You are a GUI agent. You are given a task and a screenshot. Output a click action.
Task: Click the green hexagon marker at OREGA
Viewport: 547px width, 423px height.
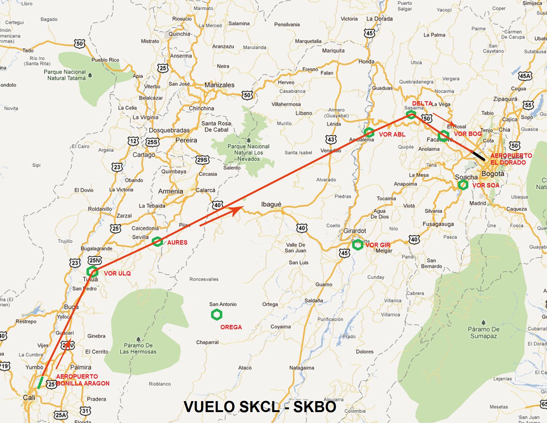click(217, 315)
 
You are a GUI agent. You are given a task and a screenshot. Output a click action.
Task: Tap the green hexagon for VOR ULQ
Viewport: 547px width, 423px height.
click(92, 271)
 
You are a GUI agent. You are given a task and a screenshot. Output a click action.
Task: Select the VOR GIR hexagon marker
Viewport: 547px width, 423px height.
click(358, 245)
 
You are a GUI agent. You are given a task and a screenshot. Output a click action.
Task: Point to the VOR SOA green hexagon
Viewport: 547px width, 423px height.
click(463, 185)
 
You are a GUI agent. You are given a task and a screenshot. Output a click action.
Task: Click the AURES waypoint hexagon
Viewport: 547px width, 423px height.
click(157, 241)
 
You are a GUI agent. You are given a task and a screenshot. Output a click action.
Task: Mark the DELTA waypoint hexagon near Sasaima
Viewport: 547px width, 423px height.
click(411, 115)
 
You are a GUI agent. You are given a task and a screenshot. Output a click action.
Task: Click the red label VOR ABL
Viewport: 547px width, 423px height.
click(392, 135)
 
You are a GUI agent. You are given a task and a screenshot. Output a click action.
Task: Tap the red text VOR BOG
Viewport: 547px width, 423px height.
click(468, 134)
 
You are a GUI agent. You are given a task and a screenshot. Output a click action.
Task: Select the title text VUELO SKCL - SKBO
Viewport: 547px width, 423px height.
click(260, 407)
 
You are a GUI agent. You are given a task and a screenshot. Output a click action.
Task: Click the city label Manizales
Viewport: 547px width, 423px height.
click(219, 85)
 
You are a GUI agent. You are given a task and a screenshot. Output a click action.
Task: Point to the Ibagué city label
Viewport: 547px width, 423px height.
click(271, 204)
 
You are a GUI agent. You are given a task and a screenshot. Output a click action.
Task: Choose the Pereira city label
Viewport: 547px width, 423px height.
click(186, 140)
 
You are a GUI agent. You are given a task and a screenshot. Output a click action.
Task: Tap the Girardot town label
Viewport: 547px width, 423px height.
click(354, 231)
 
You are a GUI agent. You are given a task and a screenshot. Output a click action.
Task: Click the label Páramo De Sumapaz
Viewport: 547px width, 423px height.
click(483, 332)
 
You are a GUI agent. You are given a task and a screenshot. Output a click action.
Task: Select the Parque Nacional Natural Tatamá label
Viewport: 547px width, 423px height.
click(65, 75)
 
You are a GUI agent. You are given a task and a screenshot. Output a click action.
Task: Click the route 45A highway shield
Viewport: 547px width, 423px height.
click(525, 76)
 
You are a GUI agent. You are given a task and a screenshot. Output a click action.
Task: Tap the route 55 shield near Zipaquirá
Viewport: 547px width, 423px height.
click(528, 105)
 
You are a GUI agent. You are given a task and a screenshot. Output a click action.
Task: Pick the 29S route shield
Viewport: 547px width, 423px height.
click(202, 160)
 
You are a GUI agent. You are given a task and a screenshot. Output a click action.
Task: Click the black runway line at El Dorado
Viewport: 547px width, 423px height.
click(478, 156)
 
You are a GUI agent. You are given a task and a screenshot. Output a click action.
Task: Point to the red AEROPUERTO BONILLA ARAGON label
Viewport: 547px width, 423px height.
click(82, 380)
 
